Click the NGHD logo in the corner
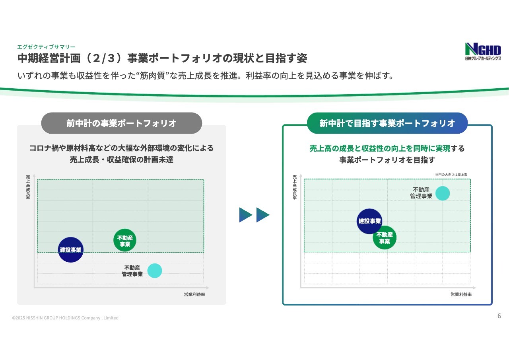click(483, 51)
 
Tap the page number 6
click(499, 316)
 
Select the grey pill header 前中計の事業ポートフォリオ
click(122, 123)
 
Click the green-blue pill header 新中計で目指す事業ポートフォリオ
click(387, 123)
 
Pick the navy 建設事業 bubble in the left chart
click(71, 250)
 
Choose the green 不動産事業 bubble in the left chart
click(125, 240)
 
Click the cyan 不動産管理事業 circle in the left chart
click(155, 270)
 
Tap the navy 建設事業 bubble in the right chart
click(369, 221)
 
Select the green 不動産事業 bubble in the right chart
click(385, 238)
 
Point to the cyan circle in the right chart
click(443, 193)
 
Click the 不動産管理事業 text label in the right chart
click(421, 193)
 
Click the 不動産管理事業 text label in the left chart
click(132, 271)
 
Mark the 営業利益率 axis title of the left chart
click(194, 294)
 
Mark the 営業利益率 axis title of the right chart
click(461, 294)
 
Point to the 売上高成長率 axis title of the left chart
click(28, 187)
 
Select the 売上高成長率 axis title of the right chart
click(295, 187)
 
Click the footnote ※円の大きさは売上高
click(451, 175)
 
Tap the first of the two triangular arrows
click(246, 215)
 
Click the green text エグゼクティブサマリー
click(46, 47)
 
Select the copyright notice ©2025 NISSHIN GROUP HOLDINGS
click(65, 318)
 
